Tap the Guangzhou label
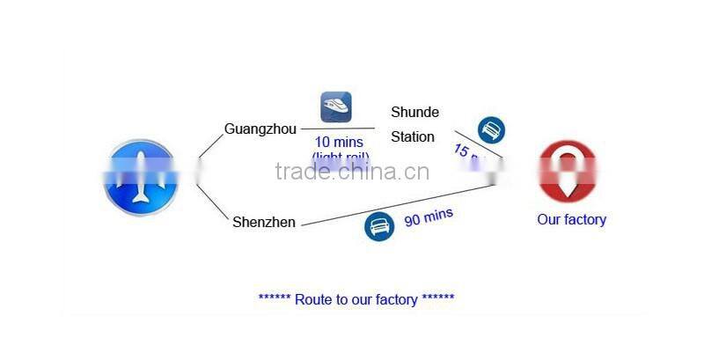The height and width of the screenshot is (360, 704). click(x=260, y=129)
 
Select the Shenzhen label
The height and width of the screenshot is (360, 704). click(x=264, y=222)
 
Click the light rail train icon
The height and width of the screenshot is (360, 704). click(x=335, y=107)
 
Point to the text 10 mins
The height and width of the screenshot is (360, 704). click(x=339, y=142)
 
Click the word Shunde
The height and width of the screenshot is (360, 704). click(x=414, y=112)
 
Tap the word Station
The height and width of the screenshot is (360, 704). click(x=413, y=136)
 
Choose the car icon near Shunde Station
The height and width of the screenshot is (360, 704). click(x=491, y=130)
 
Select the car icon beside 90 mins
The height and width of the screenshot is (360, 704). click(x=378, y=226)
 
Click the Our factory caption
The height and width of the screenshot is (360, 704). click(x=571, y=219)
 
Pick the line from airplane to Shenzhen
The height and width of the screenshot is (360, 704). click(x=212, y=202)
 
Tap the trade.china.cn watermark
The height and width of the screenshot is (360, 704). click(x=352, y=171)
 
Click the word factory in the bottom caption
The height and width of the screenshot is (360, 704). click(x=395, y=299)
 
